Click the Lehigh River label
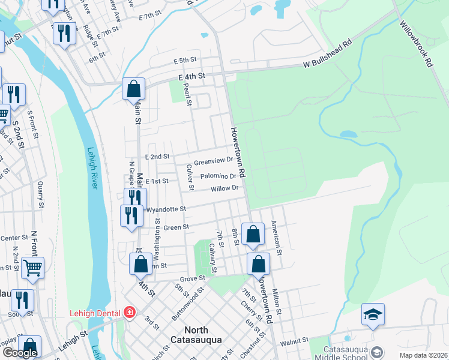pos(92,169)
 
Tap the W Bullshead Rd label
pos(327,53)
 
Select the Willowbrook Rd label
pos(417,44)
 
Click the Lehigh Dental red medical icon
pos(128,312)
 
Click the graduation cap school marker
pos(373,314)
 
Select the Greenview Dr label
pos(214,161)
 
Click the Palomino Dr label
pos(218,176)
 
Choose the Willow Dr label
pos(224,188)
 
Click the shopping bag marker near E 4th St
pos(133,89)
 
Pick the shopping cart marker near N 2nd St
pos(32,267)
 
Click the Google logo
pos(20,353)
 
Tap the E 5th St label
pos(185,61)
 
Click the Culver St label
pos(190,178)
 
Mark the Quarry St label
pos(40,191)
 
